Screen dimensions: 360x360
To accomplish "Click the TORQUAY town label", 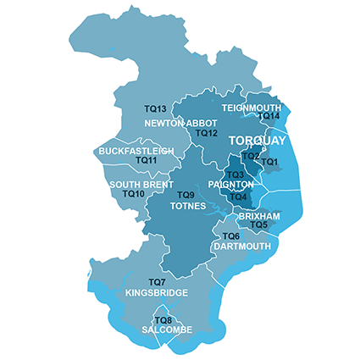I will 259,141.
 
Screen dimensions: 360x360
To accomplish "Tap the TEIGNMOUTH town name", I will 251,108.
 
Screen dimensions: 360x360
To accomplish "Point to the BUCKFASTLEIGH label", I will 136,151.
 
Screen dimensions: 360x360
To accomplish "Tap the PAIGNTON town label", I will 230,185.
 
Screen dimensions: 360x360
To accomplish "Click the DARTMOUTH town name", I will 242,246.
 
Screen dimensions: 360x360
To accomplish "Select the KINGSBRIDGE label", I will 156,293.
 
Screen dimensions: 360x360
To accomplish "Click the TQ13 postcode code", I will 154,109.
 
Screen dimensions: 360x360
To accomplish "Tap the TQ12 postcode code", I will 207,134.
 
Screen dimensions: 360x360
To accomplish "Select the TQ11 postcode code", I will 146,161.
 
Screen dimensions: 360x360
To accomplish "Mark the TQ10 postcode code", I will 134,194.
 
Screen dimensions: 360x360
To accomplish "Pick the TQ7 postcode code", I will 156,282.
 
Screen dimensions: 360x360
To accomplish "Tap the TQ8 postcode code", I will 163,320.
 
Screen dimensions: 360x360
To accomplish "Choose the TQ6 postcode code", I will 230,236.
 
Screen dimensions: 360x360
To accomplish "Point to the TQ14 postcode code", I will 269,116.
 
